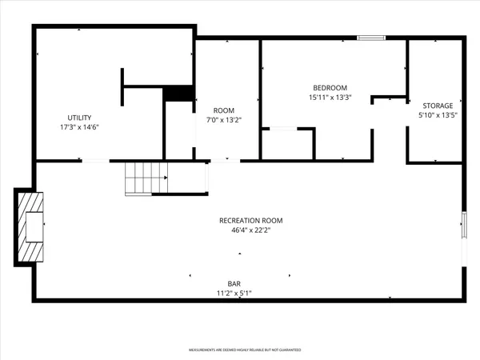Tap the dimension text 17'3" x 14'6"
pyautogui.click(x=78, y=127)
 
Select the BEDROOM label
pyautogui.click(x=330, y=87)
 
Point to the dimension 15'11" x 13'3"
pyautogui.click(x=330, y=98)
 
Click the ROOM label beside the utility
pyautogui.click(x=223, y=110)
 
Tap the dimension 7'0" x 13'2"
pyautogui.click(x=223, y=120)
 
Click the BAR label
pyautogui.click(x=234, y=283)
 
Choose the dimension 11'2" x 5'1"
pyautogui.click(x=234, y=294)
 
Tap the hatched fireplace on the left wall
pyautogui.click(x=30, y=226)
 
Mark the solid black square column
pyautogui.click(x=178, y=93)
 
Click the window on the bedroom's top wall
pyautogui.click(x=370, y=37)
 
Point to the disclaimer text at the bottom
pyautogui.click(x=240, y=350)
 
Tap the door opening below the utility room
pyautogui.click(x=95, y=161)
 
